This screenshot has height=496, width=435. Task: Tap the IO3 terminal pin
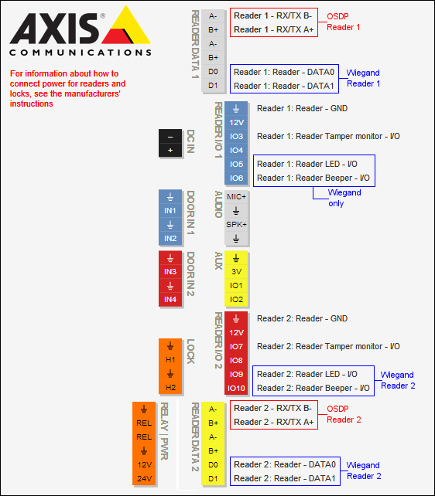click(237, 136)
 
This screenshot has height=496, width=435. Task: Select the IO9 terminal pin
click(237, 374)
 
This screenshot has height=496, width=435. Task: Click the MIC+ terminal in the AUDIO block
click(236, 196)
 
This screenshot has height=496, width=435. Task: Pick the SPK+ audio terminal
click(236, 224)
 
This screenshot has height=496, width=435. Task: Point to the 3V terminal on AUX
click(237, 272)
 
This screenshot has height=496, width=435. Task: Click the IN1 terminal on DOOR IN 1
click(170, 210)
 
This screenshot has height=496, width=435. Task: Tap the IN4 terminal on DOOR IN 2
click(170, 299)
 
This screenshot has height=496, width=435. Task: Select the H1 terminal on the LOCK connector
click(170, 359)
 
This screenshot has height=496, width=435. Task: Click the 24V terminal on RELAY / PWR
click(144, 479)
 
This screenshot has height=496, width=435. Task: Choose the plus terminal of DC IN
click(170, 150)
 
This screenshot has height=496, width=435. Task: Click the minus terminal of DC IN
click(170, 136)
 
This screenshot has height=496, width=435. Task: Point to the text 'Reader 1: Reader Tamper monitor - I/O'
click(328, 136)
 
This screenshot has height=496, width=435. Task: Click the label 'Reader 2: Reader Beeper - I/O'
click(313, 388)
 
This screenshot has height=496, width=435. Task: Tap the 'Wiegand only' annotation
click(344, 198)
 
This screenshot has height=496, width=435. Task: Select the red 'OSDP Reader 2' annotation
click(344, 414)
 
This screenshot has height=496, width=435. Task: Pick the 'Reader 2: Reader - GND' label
click(302, 318)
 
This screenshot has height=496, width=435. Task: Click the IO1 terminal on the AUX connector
click(237, 286)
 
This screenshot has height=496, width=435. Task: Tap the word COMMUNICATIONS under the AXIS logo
click(80, 53)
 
